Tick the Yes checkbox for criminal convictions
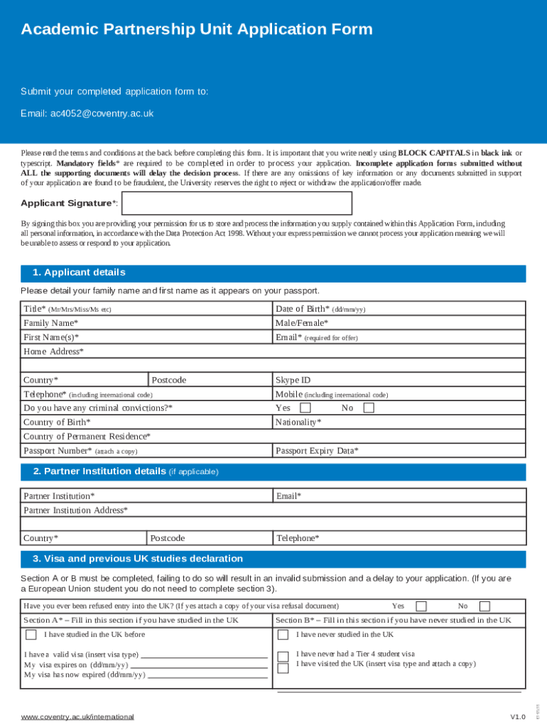pos(305,408)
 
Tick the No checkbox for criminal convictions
pos(369,408)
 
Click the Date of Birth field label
pos(303,309)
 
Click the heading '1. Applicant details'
pos(79,273)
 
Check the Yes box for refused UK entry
pos(421,606)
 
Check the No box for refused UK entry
pos(484,606)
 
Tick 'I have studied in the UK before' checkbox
pos(31,635)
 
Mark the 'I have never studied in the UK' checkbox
pos(283,635)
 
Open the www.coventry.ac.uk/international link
pos(77,717)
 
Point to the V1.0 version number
pos(517,717)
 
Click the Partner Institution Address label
pos(76,510)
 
